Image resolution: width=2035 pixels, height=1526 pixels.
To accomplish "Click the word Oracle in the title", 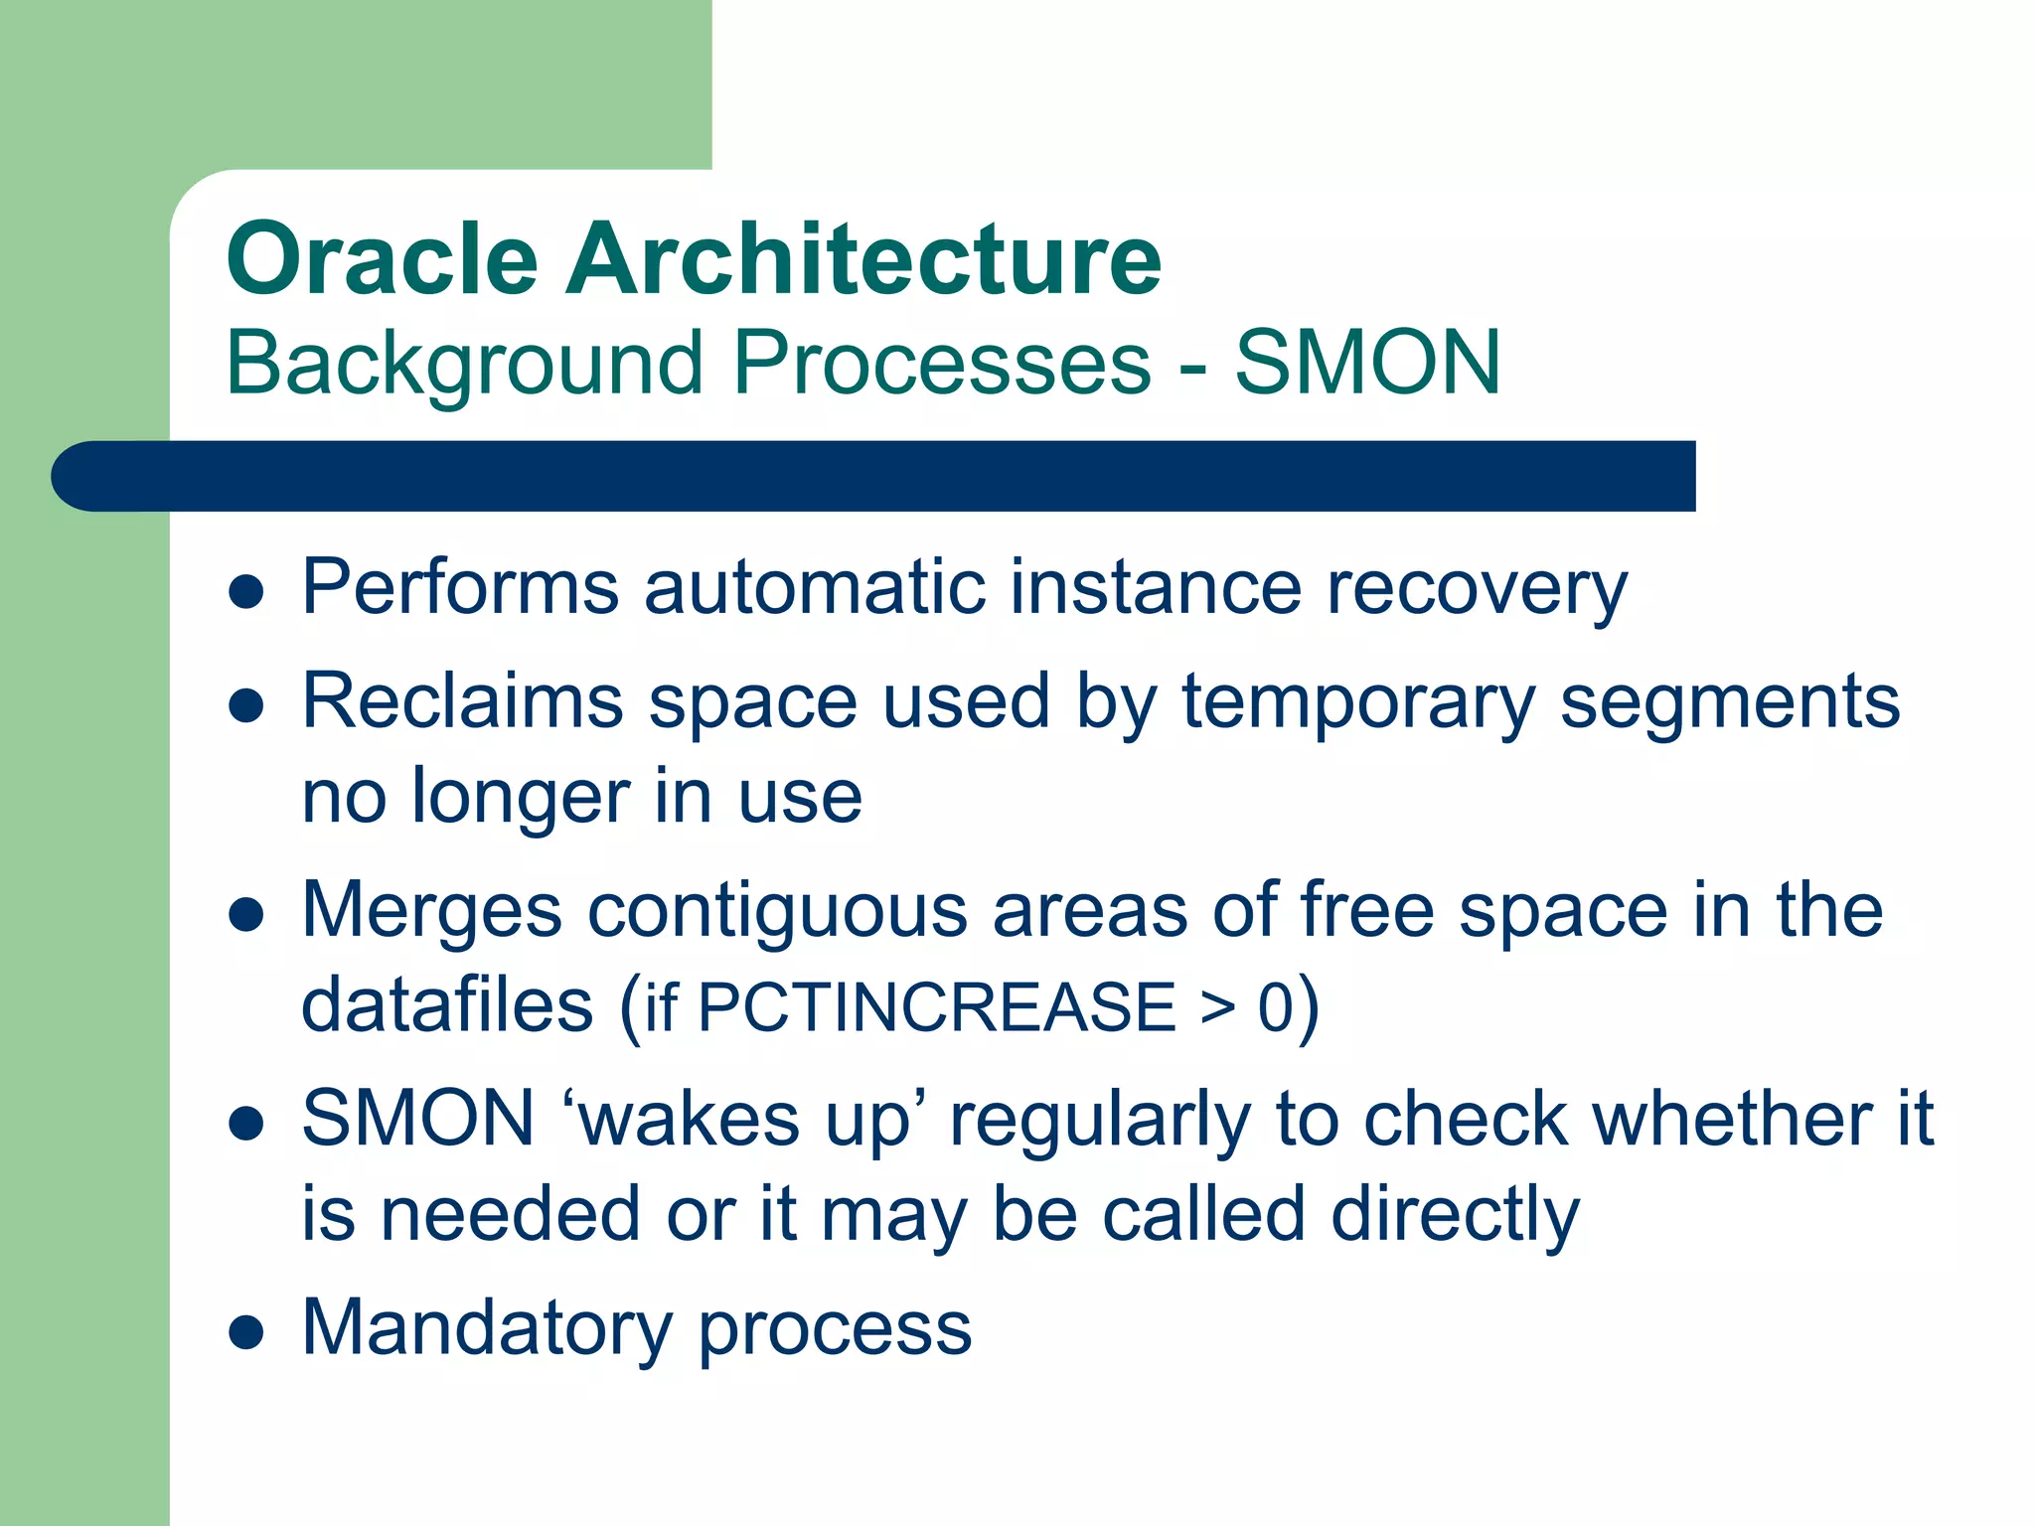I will [382, 260].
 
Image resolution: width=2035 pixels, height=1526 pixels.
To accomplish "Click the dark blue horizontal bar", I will [874, 476].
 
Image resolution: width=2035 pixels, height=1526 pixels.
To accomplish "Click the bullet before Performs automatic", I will [245, 592].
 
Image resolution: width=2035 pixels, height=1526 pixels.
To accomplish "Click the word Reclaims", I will [462, 701].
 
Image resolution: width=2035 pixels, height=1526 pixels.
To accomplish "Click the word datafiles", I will [447, 1005].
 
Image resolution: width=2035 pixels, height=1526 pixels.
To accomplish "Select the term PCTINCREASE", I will [937, 1007].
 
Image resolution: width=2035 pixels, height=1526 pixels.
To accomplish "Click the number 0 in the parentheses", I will [1275, 1007].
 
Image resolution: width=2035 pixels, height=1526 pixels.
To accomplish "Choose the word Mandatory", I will [487, 1329].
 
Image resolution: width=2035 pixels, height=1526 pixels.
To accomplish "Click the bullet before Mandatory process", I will [245, 1331].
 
